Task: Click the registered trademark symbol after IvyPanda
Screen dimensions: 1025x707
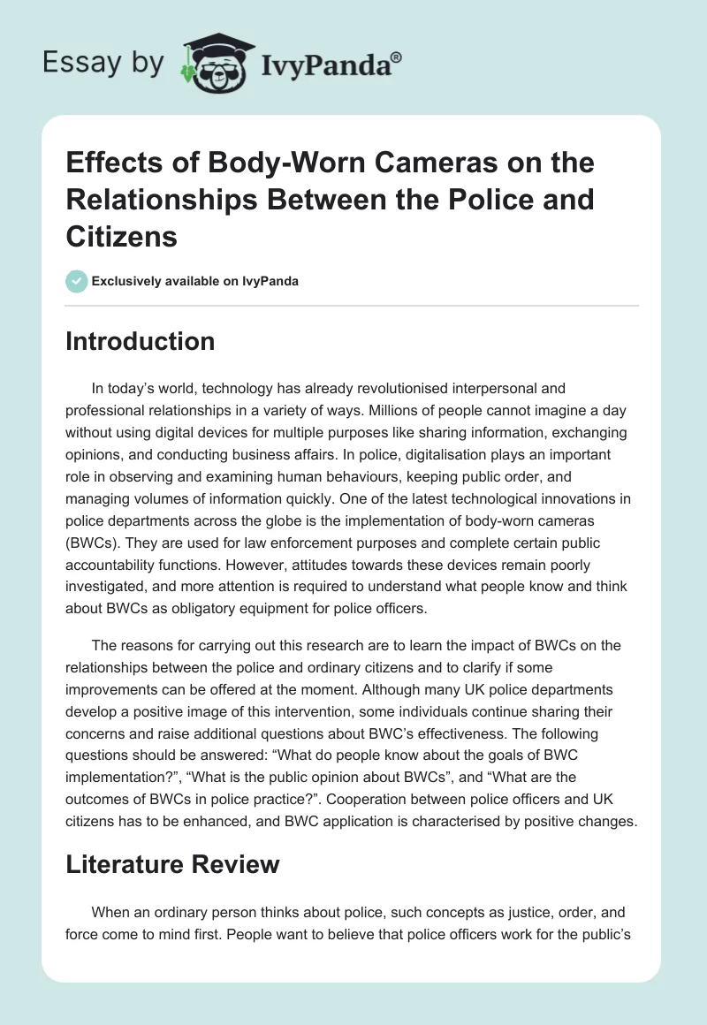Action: (397, 55)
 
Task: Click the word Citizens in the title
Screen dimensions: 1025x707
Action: (122, 237)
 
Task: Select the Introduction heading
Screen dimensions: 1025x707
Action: (140, 341)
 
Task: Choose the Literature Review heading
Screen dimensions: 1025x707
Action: (172, 864)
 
